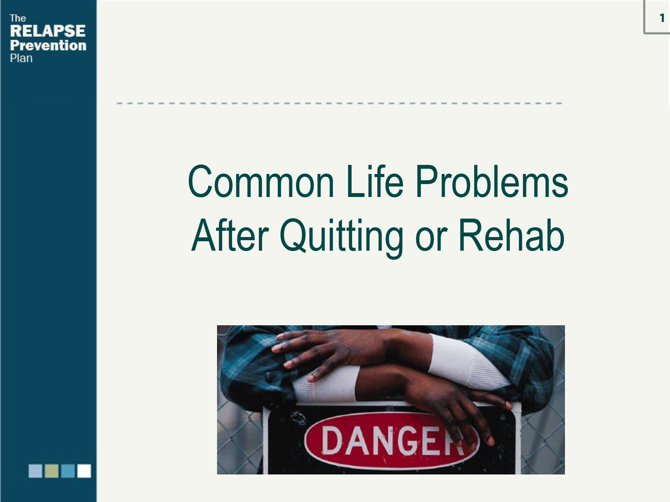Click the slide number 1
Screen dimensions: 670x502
662,18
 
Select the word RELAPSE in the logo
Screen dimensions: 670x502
48,31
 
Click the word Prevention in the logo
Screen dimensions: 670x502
48,45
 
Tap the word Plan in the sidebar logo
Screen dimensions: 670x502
21,58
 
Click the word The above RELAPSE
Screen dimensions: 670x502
18,18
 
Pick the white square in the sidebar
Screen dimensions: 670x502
84,471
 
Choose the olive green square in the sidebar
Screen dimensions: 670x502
52,471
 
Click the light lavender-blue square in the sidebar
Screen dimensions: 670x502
35,471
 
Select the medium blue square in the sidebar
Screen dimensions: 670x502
68,471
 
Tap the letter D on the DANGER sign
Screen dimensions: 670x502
332,441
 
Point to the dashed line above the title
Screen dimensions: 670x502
339,103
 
